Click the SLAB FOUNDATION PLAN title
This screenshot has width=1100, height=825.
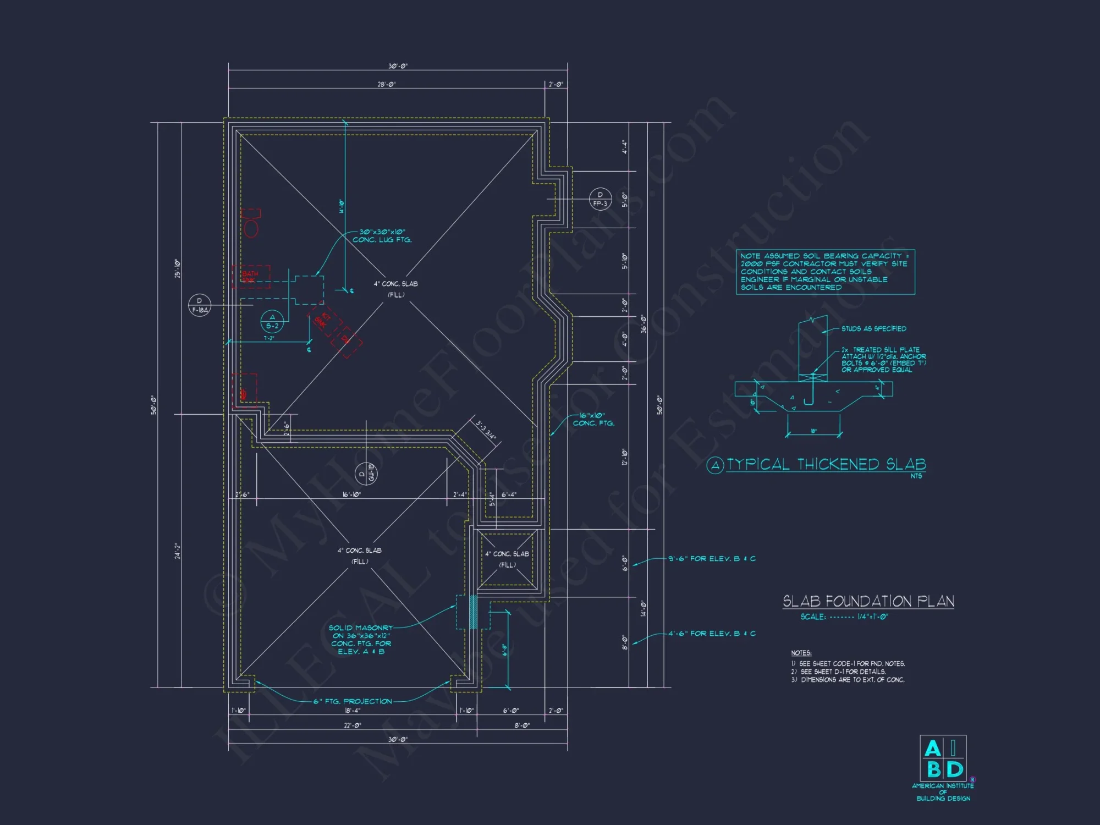(868, 601)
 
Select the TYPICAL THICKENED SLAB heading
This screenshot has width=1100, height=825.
(826, 465)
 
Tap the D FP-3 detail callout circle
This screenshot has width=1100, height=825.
(600, 199)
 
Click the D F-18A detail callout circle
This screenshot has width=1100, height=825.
(199, 305)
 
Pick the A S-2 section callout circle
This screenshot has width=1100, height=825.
(272, 322)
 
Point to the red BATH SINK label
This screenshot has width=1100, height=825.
(250, 277)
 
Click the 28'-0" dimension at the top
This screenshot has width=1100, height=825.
(386, 85)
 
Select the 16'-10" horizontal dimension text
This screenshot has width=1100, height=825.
(351, 494)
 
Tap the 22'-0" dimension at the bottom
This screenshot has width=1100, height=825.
(352, 725)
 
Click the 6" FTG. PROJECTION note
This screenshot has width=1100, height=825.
(353, 701)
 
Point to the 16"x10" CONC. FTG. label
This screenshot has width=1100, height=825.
(593, 419)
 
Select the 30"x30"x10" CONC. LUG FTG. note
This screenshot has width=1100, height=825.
(382, 236)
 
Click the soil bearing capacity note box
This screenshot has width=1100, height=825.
(825, 272)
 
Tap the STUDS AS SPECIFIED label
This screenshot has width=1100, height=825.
(873, 329)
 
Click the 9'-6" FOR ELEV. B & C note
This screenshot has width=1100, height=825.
(712, 559)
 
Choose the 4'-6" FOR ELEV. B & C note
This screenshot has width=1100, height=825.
(712, 634)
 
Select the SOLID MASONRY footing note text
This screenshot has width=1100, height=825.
(361, 640)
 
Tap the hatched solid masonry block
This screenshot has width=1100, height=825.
(472, 612)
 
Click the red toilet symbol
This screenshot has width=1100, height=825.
(251, 223)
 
